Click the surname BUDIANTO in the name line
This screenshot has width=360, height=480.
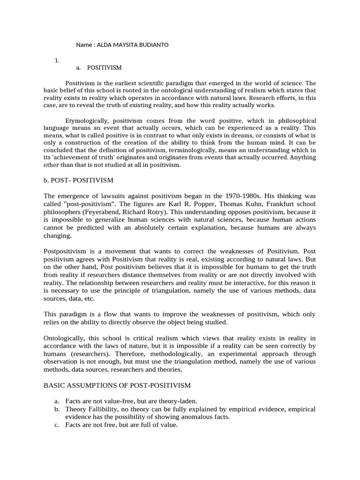151,45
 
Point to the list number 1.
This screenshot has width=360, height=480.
57,60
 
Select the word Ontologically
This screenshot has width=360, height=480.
65,338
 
